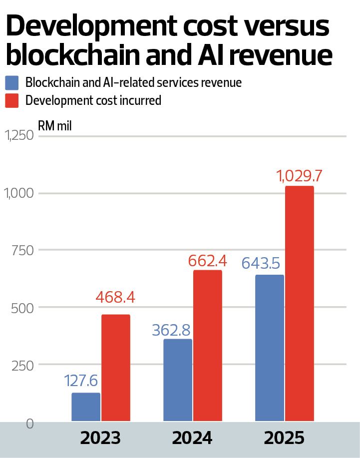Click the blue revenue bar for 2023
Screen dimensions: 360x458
pyautogui.click(x=86, y=407)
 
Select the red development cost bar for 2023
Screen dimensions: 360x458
pyautogui.click(x=116, y=368)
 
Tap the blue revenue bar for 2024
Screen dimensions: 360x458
pyautogui.click(x=178, y=380)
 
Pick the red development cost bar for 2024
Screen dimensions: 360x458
pyautogui.click(x=208, y=346)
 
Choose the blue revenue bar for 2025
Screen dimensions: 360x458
pyautogui.click(x=270, y=348)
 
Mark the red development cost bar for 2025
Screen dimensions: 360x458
pyautogui.click(x=300, y=304)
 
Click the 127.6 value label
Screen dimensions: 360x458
pyautogui.click(x=80, y=381)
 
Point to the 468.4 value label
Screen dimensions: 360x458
pyautogui.click(x=115, y=297)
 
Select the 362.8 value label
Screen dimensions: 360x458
pyautogui.click(x=171, y=330)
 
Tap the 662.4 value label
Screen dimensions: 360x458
pyautogui.click(x=207, y=261)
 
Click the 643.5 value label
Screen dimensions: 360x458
pyautogui.click(x=261, y=263)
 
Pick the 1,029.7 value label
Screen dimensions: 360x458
pyautogui.click(x=299, y=176)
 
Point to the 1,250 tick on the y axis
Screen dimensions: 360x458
pyautogui.click(x=19, y=135)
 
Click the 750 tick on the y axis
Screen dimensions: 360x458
pyautogui.click(x=23, y=251)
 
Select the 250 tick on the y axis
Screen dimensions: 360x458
pyautogui.click(x=23, y=366)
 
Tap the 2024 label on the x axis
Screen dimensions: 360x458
pyautogui.click(x=192, y=438)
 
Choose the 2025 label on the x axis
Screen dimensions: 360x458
pyautogui.click(x=284, y=438)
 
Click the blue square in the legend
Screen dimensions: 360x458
pyautogui.click(x=11, y=83)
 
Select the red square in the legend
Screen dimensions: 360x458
pyautogui.click(x=11, y=101)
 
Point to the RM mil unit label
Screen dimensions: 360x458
pyautogui.click(x=55, y=126)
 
